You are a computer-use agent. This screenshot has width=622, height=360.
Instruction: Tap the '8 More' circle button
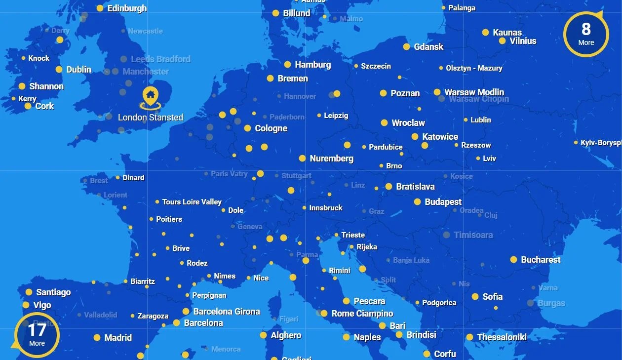coord(585,34)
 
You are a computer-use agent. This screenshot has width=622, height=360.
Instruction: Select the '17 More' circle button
coord(37,334)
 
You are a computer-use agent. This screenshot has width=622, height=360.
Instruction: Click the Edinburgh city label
coord(127,8)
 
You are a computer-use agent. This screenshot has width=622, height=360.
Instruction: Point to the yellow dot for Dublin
coord(59,70)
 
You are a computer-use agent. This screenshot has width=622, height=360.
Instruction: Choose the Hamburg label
coord(312,65)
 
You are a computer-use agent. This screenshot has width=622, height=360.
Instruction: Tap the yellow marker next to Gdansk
coord(406,47)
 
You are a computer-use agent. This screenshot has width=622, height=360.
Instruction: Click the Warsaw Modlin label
coord(474,92)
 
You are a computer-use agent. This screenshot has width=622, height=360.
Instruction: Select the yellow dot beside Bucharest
coord(513,260)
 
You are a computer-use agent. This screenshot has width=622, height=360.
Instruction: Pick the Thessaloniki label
coord(502,337)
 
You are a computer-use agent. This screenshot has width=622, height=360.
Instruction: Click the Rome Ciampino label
coord(362,314)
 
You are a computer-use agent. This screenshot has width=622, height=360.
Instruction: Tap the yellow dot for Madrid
coord(97,338)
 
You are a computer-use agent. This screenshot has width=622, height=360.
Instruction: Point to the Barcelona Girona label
coord(226,312)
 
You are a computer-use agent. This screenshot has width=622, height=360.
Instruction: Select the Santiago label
coord(53,292)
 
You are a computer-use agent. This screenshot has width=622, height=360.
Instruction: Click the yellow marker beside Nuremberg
coord(302,159)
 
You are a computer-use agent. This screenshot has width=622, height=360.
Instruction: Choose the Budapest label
coord(443,202)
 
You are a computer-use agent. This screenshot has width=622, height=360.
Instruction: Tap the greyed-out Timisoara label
coord(473,235)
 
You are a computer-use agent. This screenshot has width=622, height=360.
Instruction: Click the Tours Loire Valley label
coord(192,202)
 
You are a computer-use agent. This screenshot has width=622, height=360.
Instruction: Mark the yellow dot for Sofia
coord(475,297)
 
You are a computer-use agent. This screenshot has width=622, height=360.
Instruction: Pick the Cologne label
coord(271,128)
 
